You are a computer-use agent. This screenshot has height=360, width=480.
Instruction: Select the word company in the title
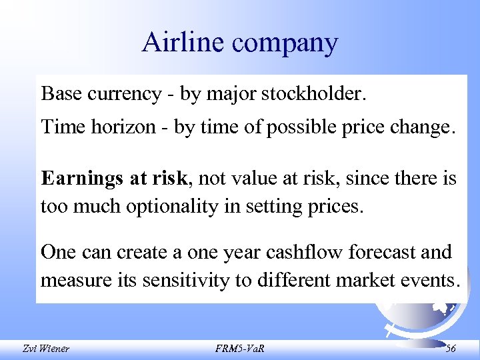[285, 44]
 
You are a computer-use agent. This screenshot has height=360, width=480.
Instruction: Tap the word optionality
[171, 207]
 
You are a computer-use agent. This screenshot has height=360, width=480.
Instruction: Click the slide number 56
[451, 347]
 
